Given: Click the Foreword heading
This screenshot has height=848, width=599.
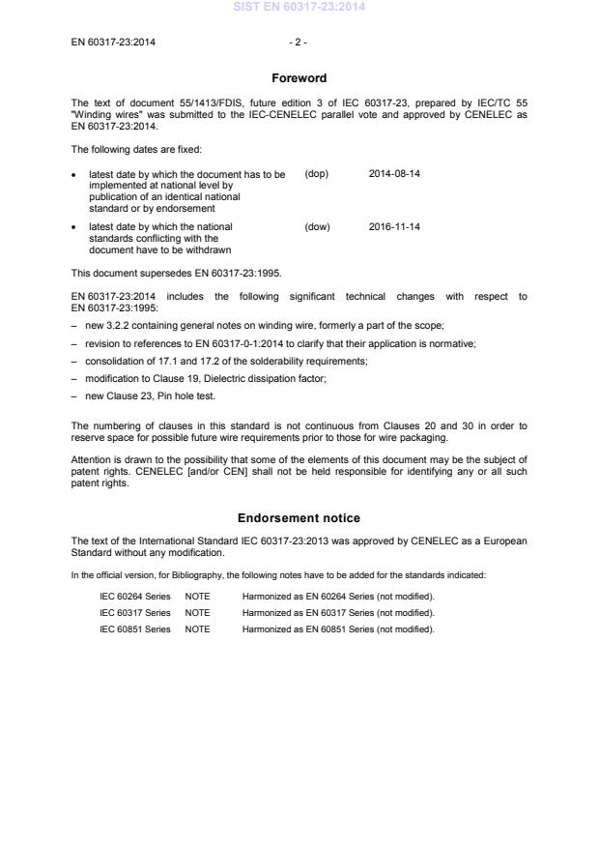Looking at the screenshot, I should click(x=299, y=77).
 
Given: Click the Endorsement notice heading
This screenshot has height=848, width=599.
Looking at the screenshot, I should click(x=299, y=518).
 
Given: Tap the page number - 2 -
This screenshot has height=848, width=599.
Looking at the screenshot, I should click(x=299, y=43).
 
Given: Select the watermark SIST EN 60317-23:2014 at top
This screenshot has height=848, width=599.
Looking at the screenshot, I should click(x=299, y=7).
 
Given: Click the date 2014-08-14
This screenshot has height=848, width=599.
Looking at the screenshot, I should click(x=394, y=174).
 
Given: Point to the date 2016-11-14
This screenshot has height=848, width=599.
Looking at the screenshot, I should click(x=394, y=227).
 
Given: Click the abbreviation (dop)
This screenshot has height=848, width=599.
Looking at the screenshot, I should click(x=317, y=174).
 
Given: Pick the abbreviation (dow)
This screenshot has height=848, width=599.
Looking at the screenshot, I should click(x=317, y=227).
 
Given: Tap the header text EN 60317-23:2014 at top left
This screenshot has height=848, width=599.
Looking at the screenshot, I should click(x=114, y=43).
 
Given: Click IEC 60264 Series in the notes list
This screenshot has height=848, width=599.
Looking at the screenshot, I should click(x=135, y=596).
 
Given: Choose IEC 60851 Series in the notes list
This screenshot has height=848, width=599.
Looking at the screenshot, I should click(x=135, y=629).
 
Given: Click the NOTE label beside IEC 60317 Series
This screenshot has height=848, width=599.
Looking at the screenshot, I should click(x=197, y=612).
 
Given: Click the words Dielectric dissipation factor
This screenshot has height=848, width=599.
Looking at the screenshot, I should click(x=266, y=377).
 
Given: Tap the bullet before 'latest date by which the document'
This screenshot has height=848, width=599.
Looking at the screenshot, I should click(x=74, y=174).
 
